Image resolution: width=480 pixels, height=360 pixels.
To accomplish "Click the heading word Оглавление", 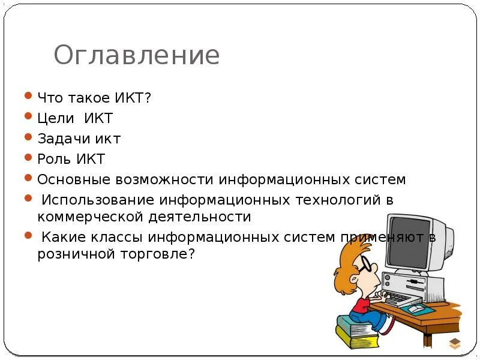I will click(x=137, y=56).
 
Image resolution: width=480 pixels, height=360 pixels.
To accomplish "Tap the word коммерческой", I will click(x=89, y=217).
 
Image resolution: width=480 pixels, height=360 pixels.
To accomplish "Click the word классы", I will click(x=125, y=237).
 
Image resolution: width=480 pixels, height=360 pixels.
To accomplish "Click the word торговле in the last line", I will click(x=156, y=254).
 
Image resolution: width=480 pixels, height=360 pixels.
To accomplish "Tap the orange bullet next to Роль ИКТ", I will click(x=28, y=158).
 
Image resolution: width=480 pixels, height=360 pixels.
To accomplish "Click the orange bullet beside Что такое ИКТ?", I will click(x=28, y=96).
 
